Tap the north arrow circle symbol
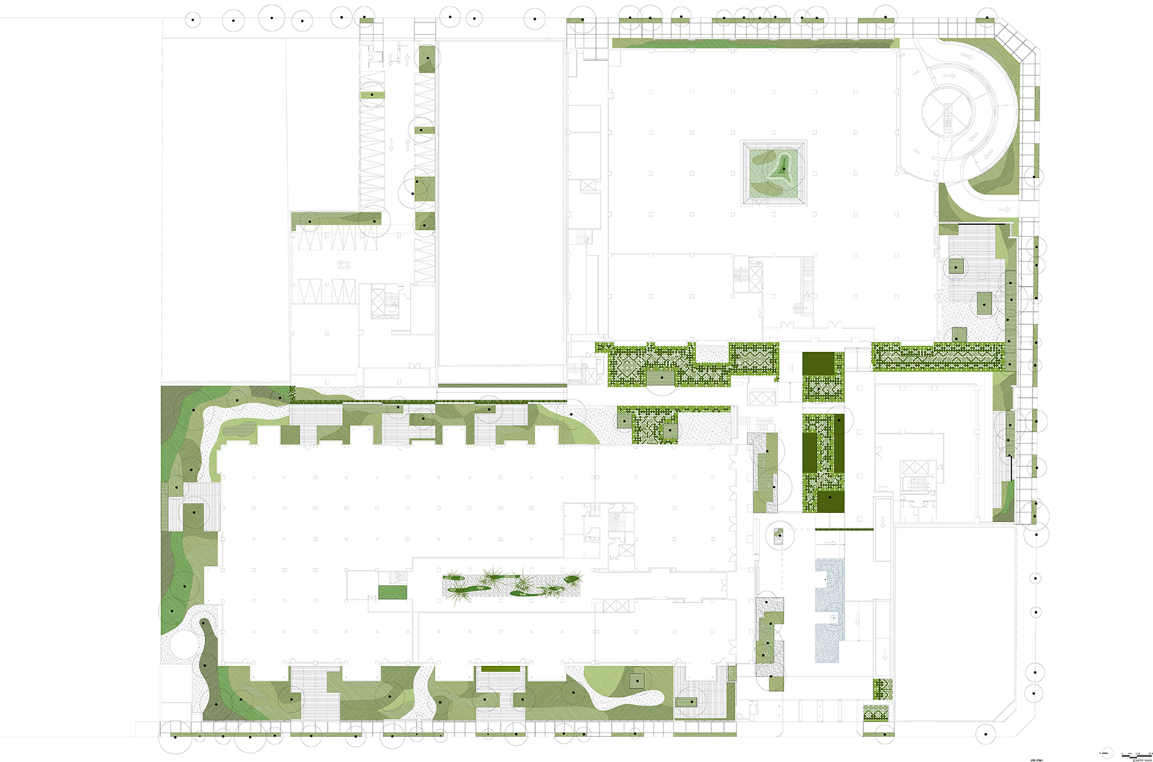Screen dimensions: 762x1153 pos(1105,753)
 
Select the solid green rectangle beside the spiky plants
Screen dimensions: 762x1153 pos(392,592)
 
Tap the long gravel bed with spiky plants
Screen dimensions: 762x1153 pos(512,585)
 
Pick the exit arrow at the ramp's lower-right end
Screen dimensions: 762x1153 pos(1004,209)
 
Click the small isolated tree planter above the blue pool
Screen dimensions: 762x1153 pos(778,534)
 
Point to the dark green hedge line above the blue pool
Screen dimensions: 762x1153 pos(842,529)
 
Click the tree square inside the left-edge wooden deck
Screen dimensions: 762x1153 pos(193,513)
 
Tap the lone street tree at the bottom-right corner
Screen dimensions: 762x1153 pos(986,733)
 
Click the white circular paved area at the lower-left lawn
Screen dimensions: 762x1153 pos(179,643)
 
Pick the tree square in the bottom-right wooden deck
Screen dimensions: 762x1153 pos(687,701)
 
